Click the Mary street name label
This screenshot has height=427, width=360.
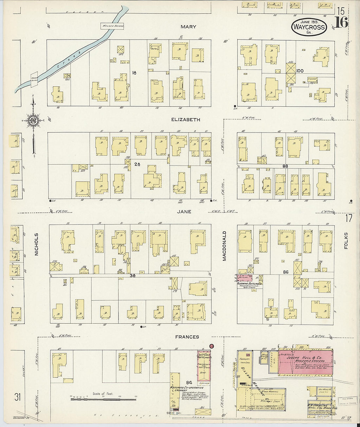188,27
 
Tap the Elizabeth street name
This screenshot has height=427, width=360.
186,120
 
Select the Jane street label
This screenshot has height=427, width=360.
184,212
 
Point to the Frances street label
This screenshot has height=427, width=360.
187,337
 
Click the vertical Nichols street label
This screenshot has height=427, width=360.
36,244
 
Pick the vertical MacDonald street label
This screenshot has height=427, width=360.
225,246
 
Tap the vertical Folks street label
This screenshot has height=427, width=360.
346,241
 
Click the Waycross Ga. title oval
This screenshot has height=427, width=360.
309,27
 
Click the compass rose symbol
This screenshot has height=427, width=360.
33,120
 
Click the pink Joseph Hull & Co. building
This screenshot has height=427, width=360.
305,362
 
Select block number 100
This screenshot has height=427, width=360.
300,71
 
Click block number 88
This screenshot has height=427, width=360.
285,166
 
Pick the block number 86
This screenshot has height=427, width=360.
286,272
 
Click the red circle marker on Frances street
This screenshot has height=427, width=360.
211,346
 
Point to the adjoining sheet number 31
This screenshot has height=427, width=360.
17,397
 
